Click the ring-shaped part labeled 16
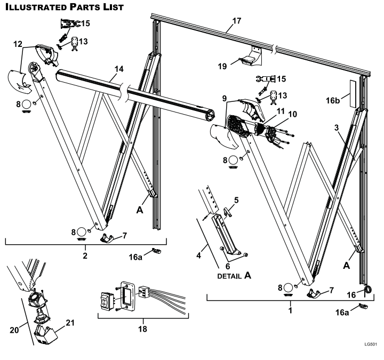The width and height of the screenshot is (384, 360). click(x=368, y=290)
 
